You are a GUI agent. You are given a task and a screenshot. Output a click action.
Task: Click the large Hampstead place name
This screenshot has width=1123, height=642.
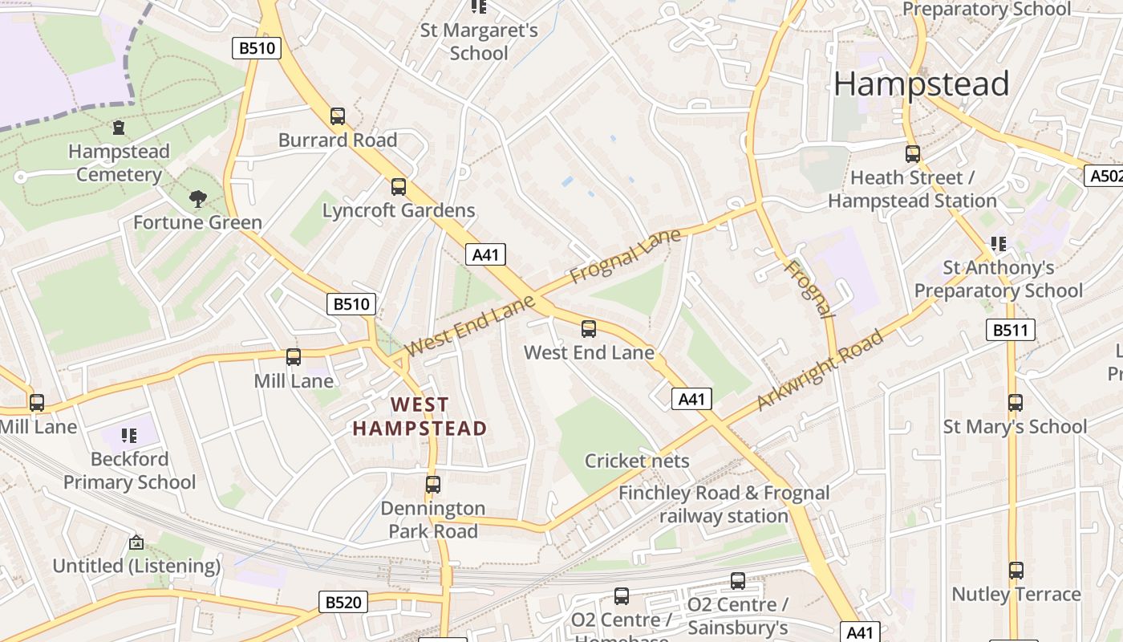point(921,84)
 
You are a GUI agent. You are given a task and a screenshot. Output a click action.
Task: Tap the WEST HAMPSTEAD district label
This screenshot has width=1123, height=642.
point(420,416)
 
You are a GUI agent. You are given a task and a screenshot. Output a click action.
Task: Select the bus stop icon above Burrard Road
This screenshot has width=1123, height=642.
point(338,116)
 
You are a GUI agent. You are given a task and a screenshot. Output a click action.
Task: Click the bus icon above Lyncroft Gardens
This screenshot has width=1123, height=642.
point(399,187)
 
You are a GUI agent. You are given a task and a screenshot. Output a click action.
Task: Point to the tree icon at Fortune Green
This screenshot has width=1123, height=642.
point(197,198)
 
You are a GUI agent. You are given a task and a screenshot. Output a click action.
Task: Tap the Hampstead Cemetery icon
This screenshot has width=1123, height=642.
point(119,128)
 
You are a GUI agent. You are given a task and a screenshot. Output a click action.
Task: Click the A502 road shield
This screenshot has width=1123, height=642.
point(1104,176)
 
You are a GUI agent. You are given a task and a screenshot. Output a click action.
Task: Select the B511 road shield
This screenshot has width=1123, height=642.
point(1010,330)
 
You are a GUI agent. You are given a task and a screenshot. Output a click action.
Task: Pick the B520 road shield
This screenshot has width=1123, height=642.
point(343,602)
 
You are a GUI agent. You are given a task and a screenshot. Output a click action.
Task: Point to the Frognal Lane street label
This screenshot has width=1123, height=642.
point(625,256)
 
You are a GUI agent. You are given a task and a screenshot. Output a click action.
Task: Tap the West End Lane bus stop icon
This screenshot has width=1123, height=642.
point(589,328)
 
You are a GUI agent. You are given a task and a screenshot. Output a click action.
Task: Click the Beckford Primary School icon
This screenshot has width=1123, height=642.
point(129,435)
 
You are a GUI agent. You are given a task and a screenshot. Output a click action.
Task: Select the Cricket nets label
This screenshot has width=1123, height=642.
point(637,461)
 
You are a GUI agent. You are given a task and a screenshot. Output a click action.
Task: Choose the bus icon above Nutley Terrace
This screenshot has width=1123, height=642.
point(1016,571)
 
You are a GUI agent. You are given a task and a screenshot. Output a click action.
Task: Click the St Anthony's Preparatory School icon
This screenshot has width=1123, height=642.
point(999,243)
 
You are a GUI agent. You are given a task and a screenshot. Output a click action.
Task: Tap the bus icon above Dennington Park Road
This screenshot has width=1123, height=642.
point(433,485)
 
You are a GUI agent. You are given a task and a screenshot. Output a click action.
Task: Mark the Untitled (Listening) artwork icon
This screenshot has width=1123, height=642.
point(136,542)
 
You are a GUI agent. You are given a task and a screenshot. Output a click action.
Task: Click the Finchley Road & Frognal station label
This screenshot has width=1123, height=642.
point(724,504)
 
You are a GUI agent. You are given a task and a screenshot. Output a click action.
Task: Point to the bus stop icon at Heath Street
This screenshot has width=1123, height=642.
point(913,153)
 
